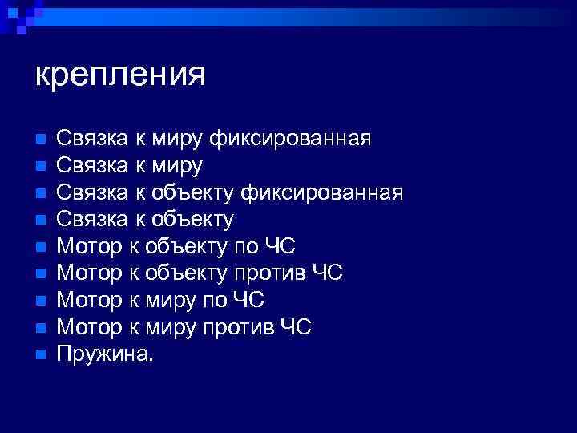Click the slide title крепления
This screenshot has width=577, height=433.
(120, 75)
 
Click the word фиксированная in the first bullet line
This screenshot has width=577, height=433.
(289, 140)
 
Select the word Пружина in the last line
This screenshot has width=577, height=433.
(101, 354)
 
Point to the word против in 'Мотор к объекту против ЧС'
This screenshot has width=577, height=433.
(265, 273)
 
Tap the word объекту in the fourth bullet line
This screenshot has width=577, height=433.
(190, 220)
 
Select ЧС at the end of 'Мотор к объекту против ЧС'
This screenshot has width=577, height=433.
(327, 273)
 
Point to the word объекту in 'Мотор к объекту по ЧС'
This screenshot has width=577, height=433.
(190, 247)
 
